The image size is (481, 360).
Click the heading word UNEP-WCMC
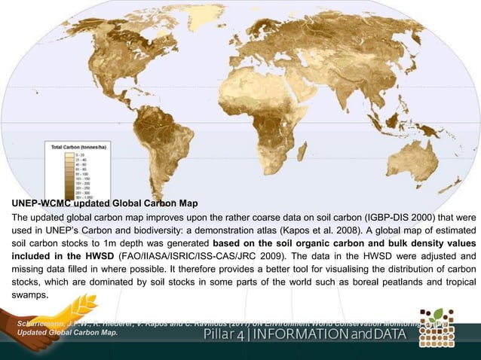(37, 203)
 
